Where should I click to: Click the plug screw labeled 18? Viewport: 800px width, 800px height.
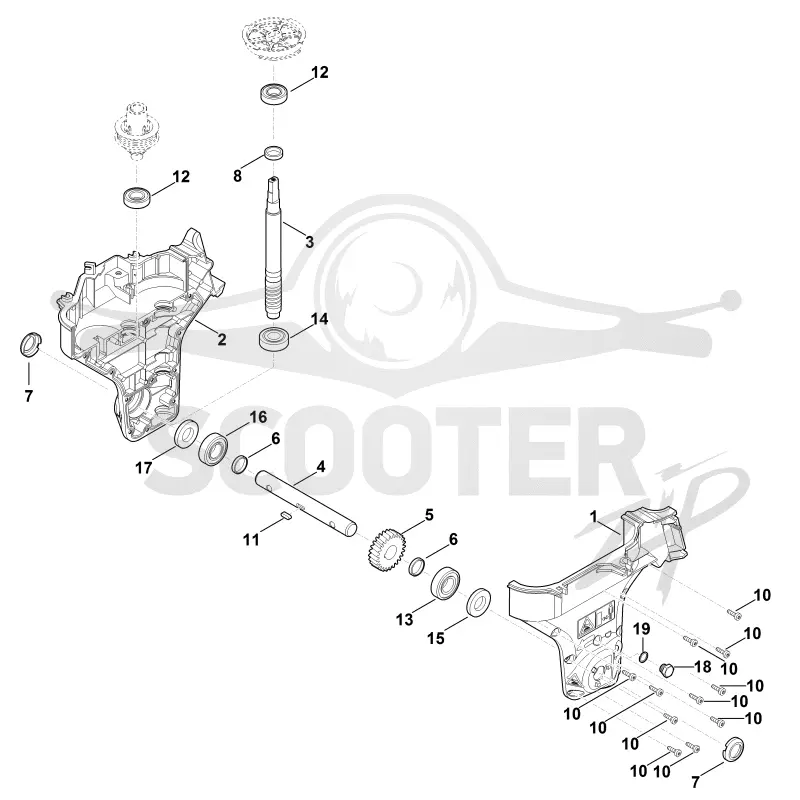point(666,668)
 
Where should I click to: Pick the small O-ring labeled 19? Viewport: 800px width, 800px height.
point(643,657)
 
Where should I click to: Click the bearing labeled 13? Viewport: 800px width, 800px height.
point(445,581)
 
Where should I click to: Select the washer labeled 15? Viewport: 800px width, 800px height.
point(479,603)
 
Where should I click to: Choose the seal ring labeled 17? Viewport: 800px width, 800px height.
point(186,433)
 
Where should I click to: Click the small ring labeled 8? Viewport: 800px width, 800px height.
point(274,152)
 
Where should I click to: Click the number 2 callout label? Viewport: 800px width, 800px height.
point(221,339)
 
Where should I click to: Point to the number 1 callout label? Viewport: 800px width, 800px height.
point(593,516)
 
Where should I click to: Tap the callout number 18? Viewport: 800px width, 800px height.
point(703,666)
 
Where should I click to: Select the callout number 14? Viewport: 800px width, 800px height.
point(320,319)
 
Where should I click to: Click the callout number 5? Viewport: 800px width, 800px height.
point(429,515)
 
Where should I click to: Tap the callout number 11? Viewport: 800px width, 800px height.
point(251,539)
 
